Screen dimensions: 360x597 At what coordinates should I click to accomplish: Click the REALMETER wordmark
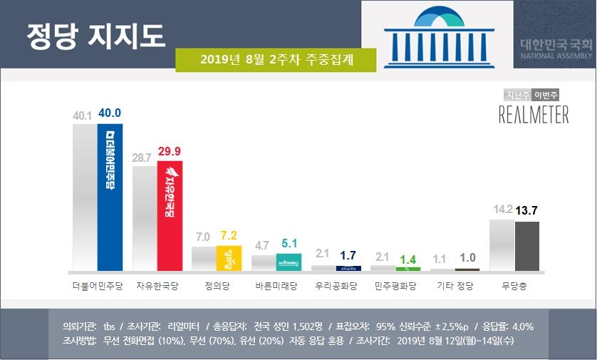[533, 114]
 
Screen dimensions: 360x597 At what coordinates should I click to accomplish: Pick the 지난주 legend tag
[518, 95]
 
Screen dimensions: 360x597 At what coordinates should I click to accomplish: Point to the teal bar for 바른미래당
[289, 262]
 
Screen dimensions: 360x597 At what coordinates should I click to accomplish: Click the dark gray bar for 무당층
[526, 246]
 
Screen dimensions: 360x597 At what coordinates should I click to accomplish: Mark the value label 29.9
[170, 151]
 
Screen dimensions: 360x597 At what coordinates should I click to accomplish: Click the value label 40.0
[110, 113]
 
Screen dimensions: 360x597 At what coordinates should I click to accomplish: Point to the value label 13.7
[526, 211]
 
